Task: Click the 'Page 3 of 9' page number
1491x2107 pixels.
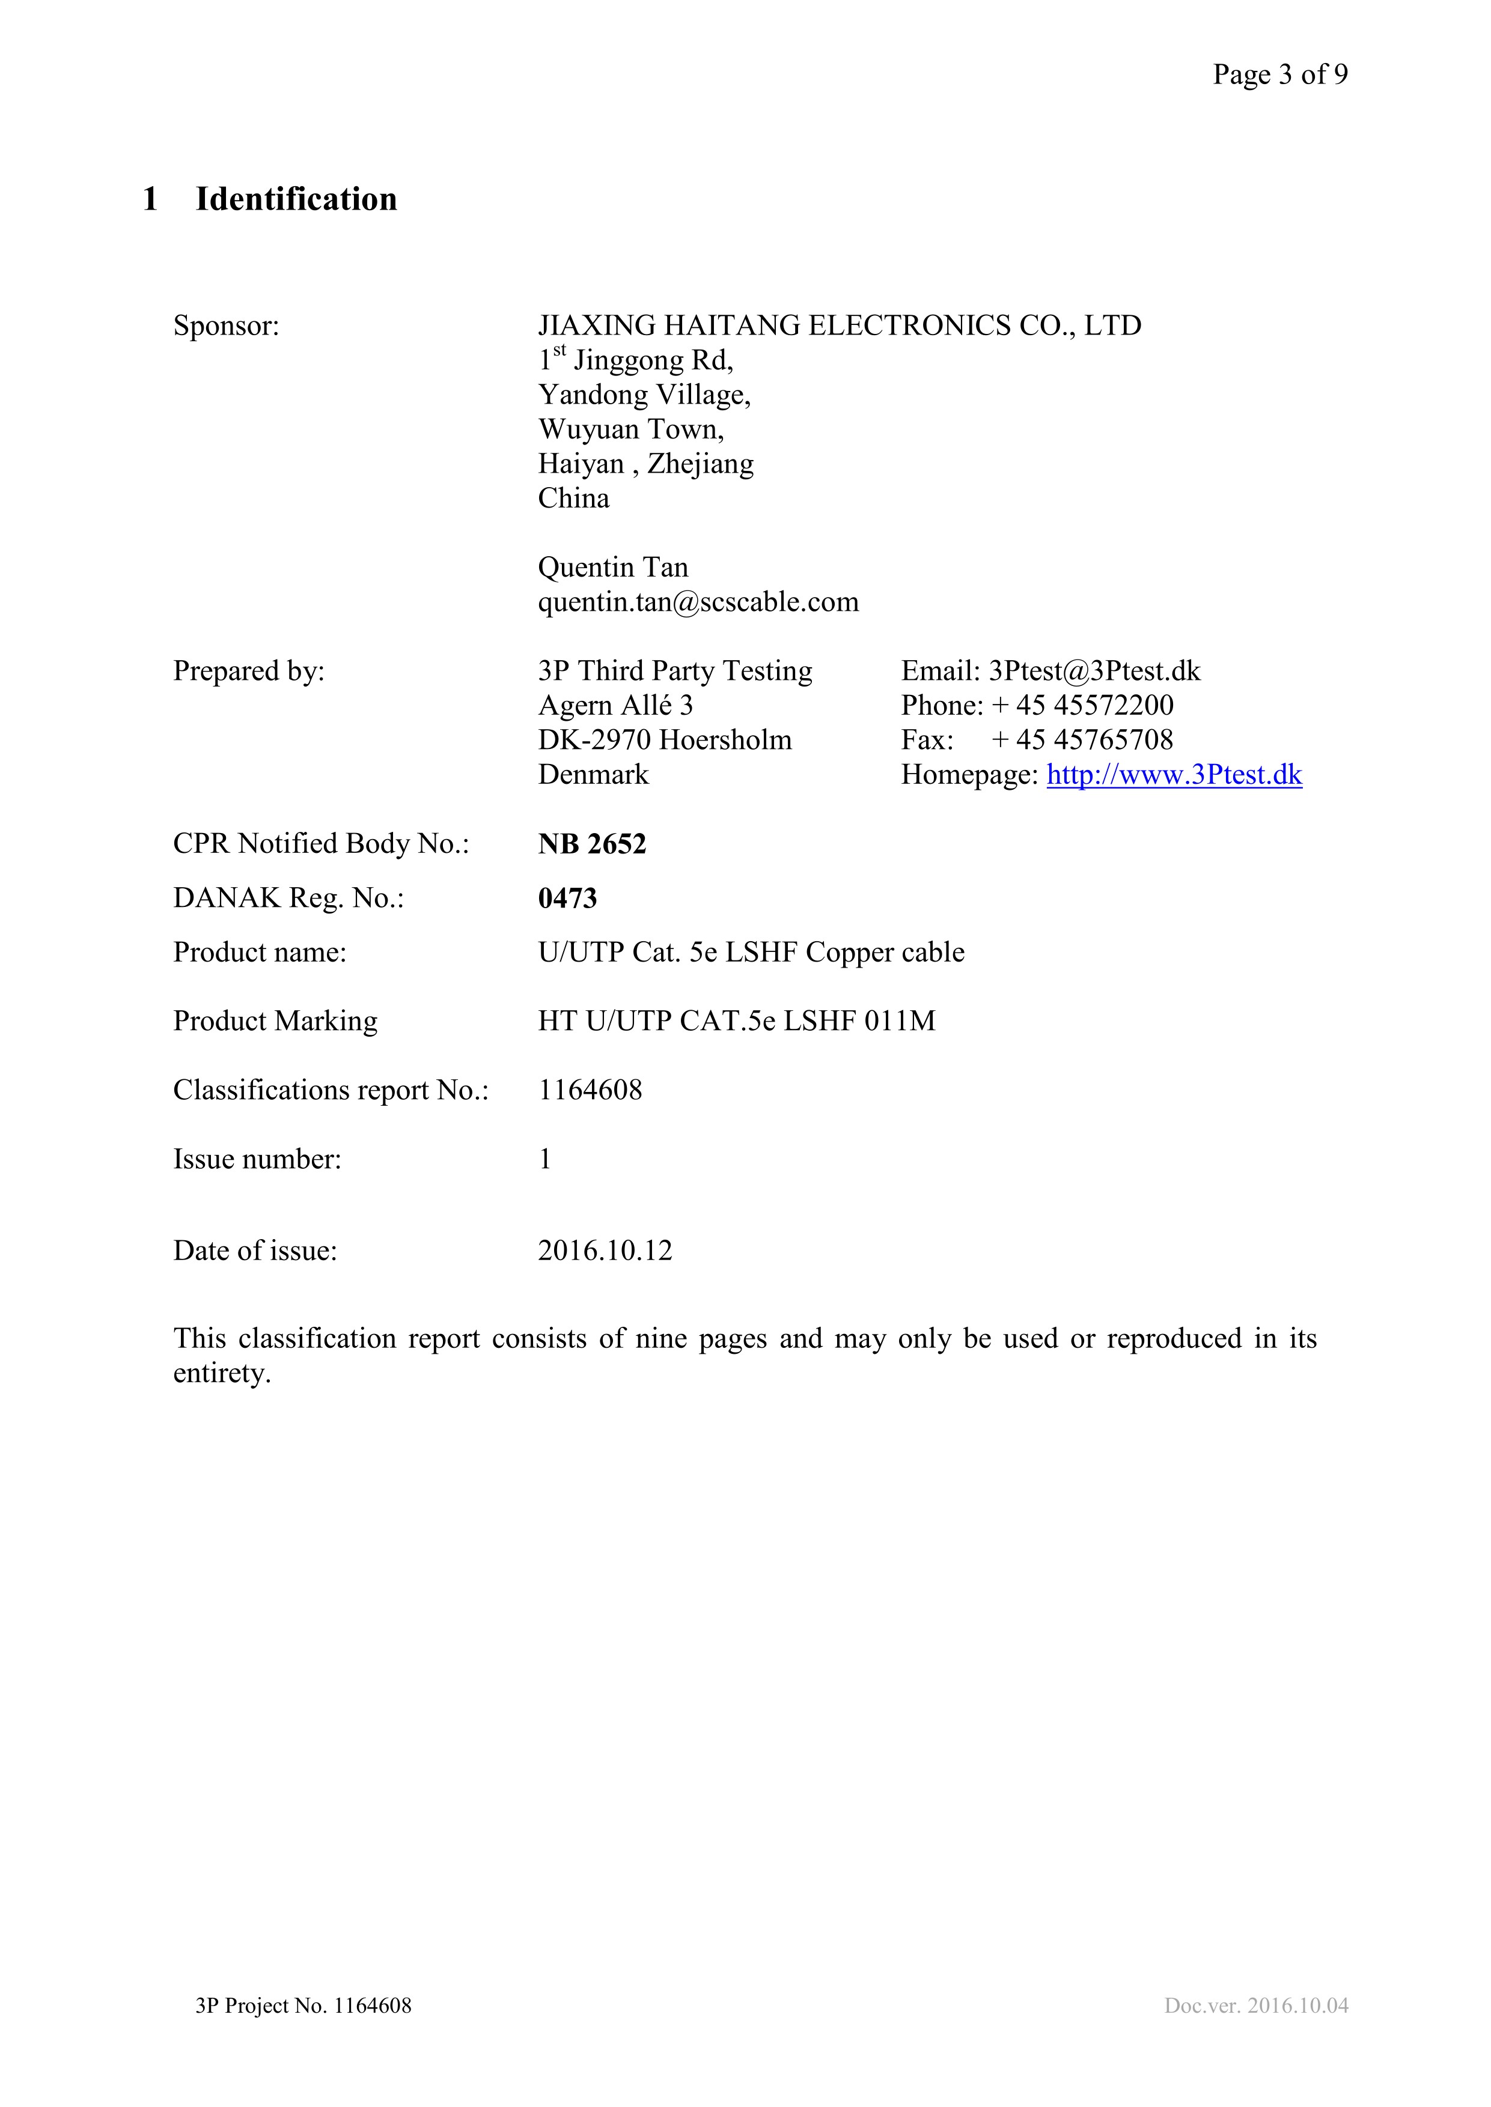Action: click(1280, 74)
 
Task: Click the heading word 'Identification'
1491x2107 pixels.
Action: click(296, 199)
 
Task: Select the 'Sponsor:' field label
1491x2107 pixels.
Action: click(226, 326)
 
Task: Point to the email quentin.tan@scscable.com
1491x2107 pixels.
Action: click(698, 602)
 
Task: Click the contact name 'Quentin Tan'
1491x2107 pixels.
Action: click(612, 567)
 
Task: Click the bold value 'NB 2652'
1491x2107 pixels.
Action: click(591, 844)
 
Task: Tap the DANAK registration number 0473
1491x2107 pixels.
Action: click(567, 899)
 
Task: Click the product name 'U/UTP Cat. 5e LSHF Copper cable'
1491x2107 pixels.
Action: click(750, 953)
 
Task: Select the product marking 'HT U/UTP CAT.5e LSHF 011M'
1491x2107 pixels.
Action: click(736, 1022)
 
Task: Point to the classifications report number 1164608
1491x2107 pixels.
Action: click(590, 1090)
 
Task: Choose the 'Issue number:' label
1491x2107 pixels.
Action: click(257, 1160)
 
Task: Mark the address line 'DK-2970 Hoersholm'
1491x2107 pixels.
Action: click(664, 739)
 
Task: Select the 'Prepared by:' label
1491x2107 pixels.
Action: click(249, 671)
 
